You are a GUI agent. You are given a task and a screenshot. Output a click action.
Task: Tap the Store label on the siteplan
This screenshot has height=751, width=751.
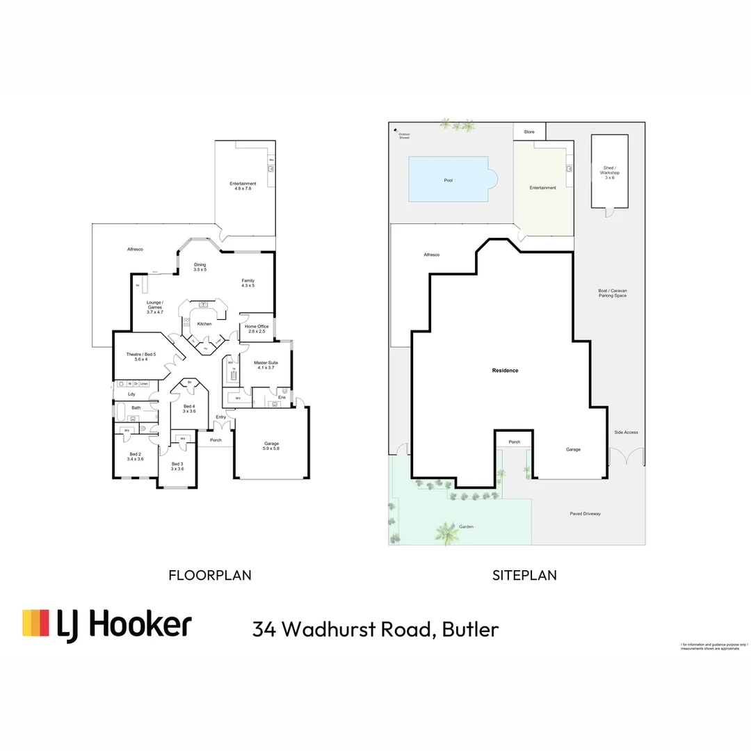tap(529, 131)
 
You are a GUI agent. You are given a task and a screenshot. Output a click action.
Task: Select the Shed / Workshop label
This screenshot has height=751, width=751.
tap(609, 172)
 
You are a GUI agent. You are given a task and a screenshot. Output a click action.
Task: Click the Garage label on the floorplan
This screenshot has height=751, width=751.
tap(271, 446)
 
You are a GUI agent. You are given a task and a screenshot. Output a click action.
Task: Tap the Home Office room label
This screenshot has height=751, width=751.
tap(257, 329)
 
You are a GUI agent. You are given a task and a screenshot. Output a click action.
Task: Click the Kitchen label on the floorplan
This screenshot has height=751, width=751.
tap(204, 324)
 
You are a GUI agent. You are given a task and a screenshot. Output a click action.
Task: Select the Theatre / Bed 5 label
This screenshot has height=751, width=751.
tap(141, 357)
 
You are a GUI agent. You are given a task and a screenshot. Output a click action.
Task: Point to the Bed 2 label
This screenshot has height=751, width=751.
tap(135, 456)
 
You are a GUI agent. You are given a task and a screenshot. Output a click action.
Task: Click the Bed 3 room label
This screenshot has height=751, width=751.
tap(177, 466)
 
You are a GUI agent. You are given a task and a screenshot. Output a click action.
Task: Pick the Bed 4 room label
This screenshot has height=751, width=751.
tap(189, 408)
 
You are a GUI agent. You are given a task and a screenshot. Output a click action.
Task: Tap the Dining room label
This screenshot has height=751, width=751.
tap(200, 267)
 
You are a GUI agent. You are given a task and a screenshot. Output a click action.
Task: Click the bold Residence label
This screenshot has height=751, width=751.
tap(505, 371)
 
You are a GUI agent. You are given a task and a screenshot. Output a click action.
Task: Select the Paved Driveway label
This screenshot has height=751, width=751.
tap(585, 514)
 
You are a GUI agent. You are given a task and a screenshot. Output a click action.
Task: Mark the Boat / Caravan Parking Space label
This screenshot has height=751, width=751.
tap(612, 293)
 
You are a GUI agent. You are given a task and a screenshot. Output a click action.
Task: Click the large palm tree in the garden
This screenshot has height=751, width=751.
tap(445, 533)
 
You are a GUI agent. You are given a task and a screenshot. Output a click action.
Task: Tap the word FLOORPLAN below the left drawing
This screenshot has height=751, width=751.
tap(210, 575)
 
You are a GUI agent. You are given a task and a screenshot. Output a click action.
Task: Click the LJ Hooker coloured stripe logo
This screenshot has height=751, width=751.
tap(35, 623)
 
